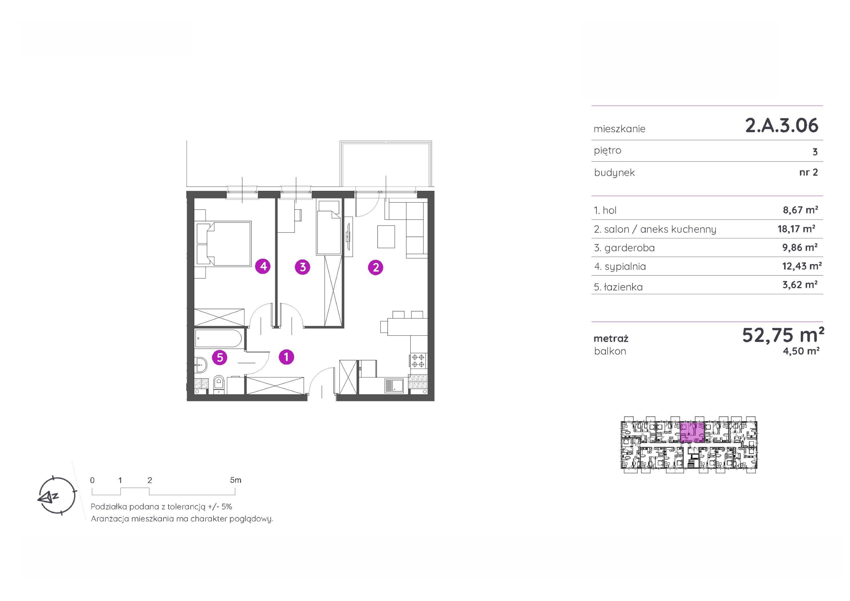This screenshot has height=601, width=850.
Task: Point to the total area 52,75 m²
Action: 783,335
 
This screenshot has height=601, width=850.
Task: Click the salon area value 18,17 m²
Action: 796,229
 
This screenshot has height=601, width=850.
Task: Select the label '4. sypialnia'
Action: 620,267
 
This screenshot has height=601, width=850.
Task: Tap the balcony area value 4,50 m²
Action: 801,351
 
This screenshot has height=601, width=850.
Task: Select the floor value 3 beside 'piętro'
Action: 815,152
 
